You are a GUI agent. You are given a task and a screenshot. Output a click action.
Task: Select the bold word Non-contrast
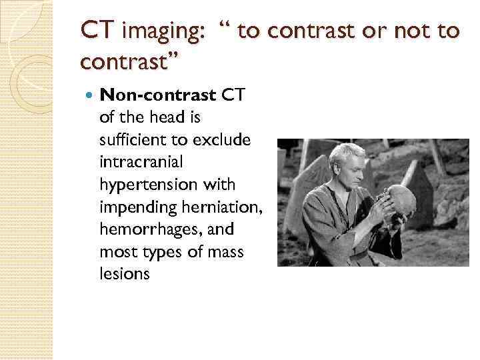(158, 95)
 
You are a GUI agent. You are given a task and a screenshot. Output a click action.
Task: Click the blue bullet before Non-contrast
(90, 96)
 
